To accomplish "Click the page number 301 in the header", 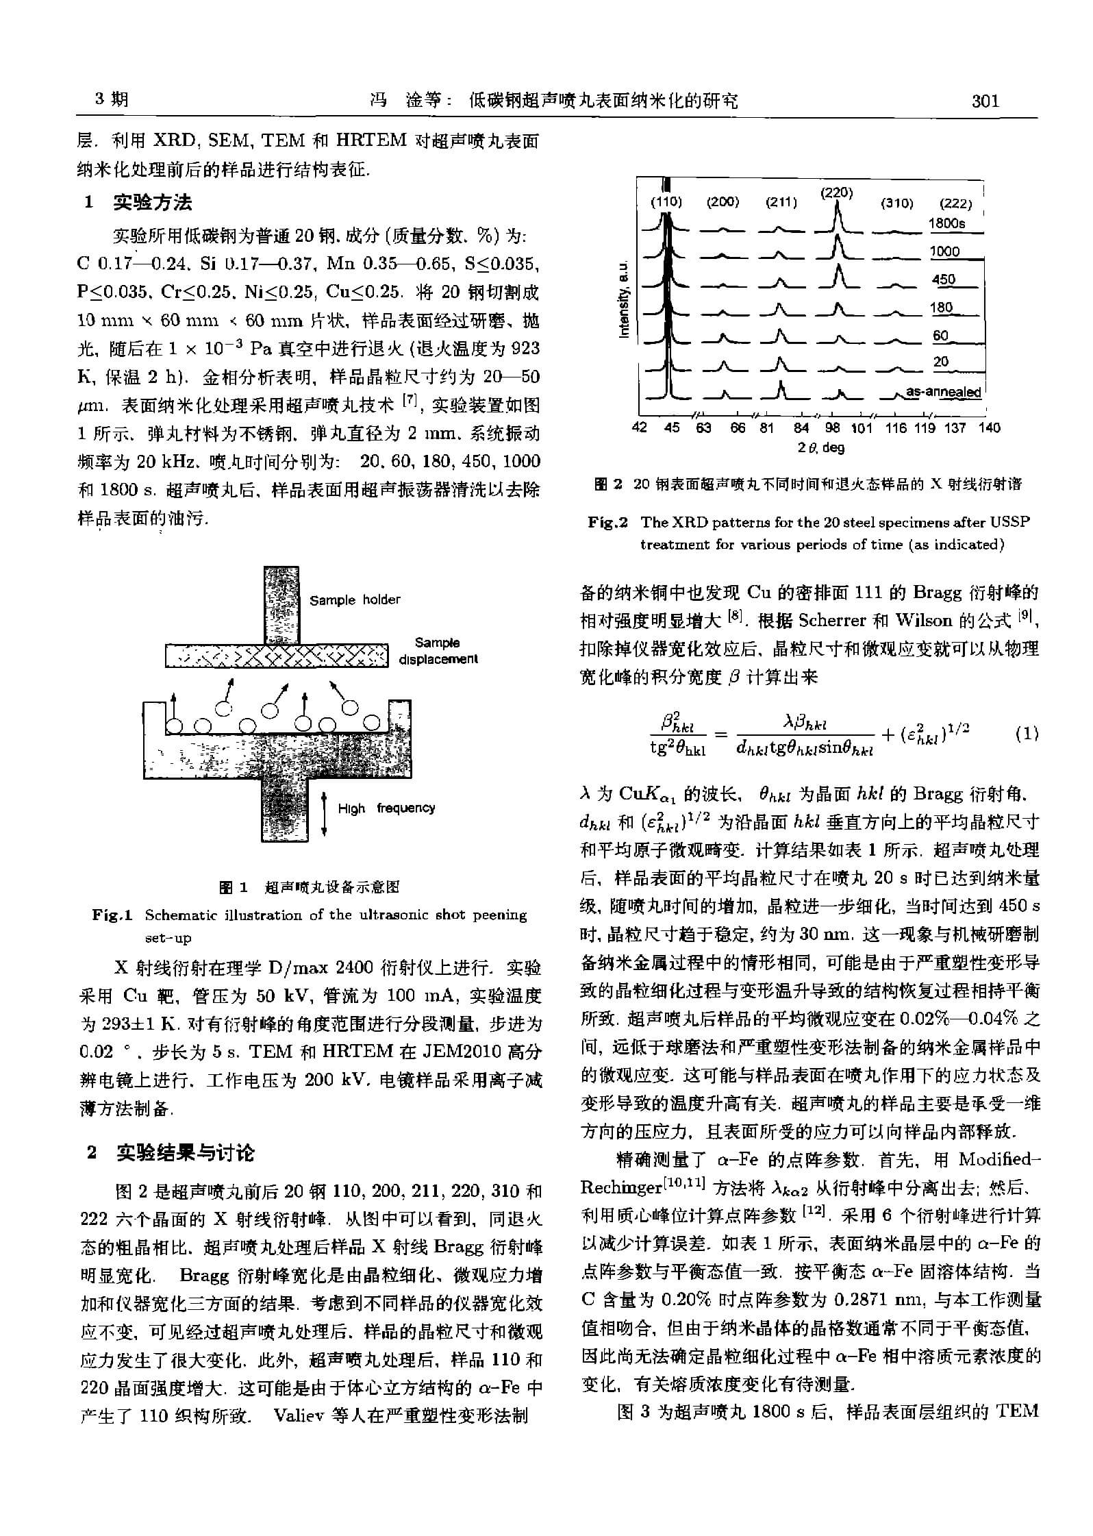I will [985, 101].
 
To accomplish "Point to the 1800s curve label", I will [946, 223].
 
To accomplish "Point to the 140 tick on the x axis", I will [989, 428].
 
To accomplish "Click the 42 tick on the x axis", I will [639, 428].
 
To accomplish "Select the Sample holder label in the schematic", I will [355, 600].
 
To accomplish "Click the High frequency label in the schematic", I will [386, 808].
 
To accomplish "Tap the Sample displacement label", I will [438, 651].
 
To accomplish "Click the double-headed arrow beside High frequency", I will [325, 813].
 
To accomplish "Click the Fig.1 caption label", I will [112, 915].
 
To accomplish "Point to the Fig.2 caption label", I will [607, 522].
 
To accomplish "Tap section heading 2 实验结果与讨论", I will [171, 1154].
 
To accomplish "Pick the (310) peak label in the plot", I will [896, 203].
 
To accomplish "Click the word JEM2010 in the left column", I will [452, 1051].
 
